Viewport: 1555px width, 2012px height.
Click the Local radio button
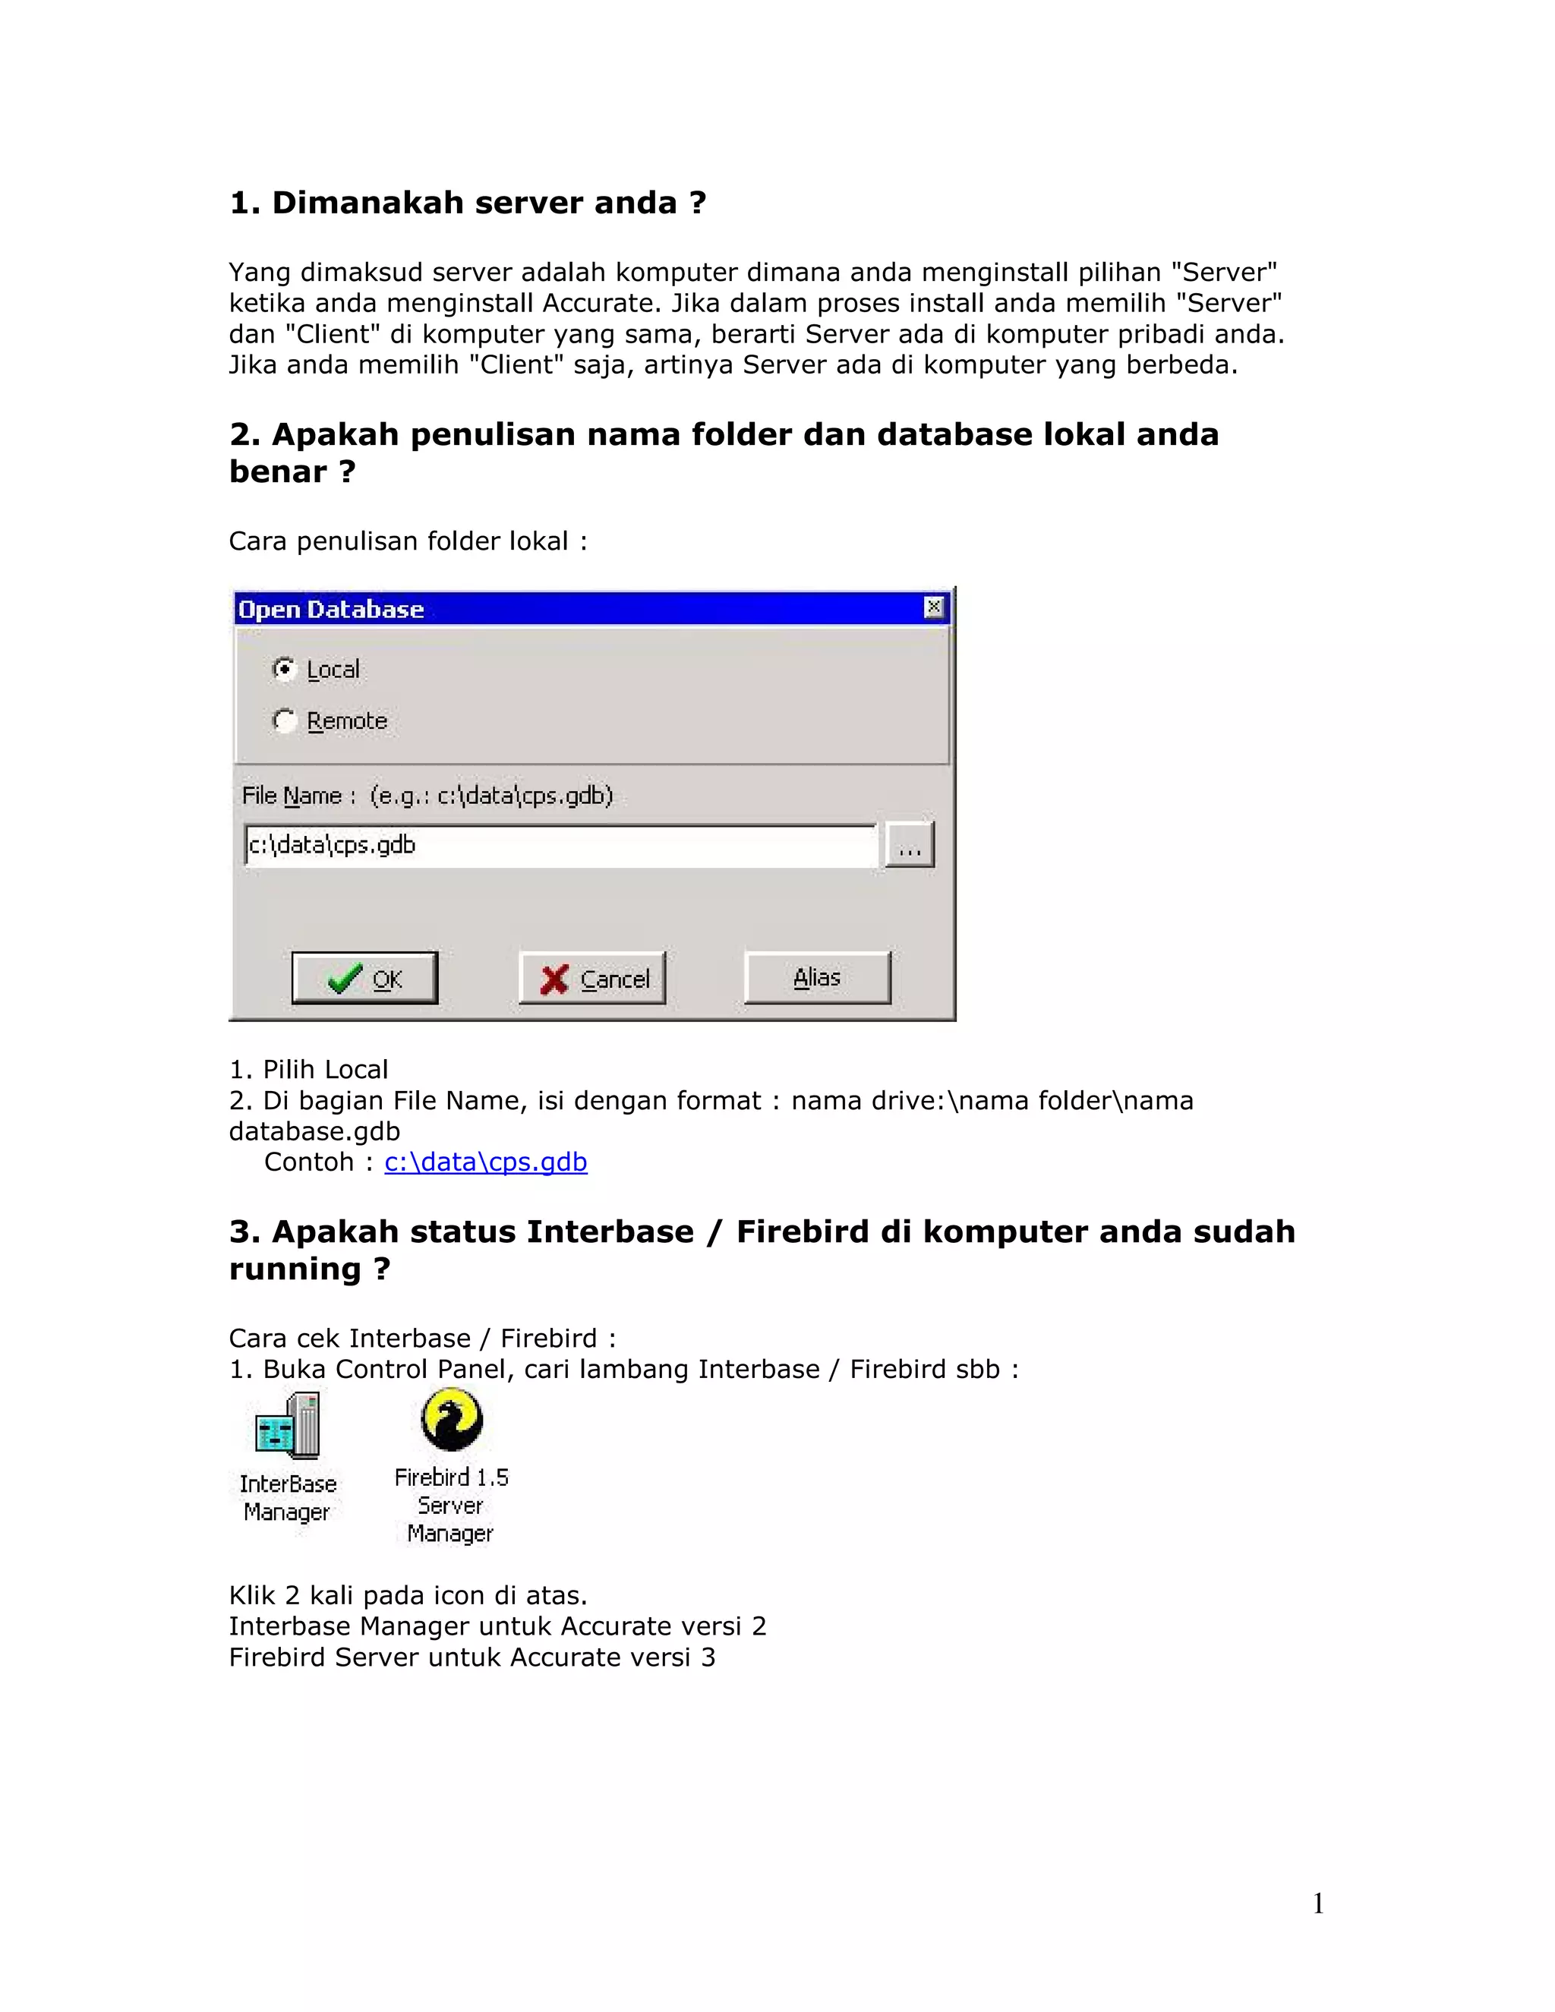point(284,669)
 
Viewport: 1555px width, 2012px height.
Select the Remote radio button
point(284,721)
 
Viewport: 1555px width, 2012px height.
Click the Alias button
point(817,977)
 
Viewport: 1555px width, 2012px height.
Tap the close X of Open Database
point(933,607)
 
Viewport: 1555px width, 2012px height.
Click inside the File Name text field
point(560,846)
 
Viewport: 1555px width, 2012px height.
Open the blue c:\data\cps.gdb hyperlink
point(485,1162)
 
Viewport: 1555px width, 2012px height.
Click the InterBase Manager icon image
point(289,1426)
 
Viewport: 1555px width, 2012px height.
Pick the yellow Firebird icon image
point(452,1420)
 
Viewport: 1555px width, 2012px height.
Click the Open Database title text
point(331,610)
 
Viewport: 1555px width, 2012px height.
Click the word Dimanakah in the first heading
point(380,203)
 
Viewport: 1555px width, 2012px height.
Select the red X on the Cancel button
point(554,979)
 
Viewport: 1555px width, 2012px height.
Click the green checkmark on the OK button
point(345,979)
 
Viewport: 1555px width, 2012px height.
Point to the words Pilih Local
point(325,1070)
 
